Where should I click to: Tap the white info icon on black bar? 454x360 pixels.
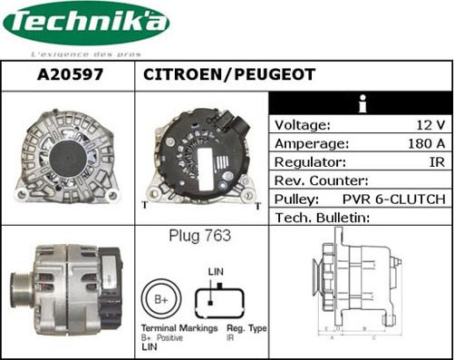[361, 102]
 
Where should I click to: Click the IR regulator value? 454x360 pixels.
[436, 161]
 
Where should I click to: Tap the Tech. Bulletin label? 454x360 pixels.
[324, 218]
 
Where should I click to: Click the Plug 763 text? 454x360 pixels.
[199, 237]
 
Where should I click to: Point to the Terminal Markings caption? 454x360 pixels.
[179, 327]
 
